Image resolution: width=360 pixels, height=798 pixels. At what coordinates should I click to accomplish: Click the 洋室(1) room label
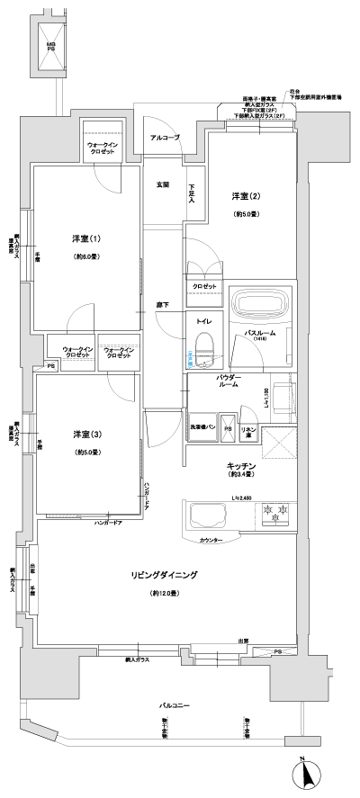pos(86,238)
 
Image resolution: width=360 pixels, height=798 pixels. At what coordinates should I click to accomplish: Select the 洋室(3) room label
pos(86,435)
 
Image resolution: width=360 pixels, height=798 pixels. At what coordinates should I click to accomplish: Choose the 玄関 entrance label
pos(162,184)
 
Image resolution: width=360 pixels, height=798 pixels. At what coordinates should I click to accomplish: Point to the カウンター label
pos(211,540)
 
